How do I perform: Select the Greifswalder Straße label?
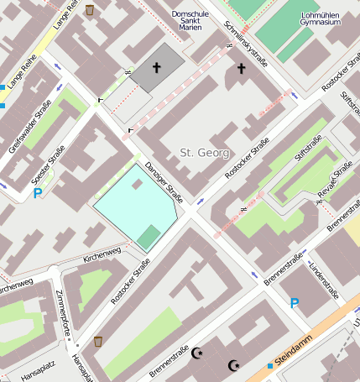30,126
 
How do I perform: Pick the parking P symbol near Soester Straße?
38,193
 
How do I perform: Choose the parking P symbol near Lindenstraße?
295,303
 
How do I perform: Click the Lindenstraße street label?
322,281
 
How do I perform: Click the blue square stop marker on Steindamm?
270,365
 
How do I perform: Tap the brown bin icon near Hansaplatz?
99,342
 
